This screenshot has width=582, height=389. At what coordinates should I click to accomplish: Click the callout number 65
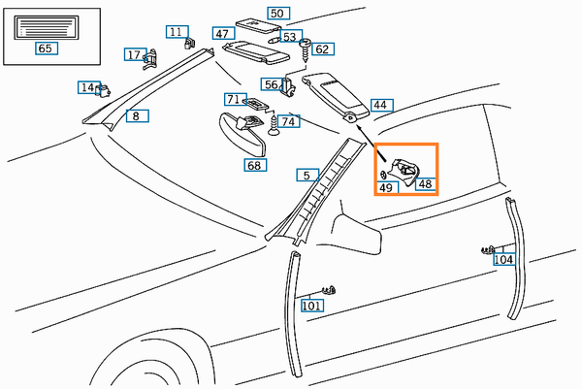[45, 48]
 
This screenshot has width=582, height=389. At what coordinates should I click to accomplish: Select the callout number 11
[175, 32]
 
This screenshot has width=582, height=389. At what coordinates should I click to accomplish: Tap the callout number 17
[134, 54]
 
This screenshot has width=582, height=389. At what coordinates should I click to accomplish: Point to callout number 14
[87, 88]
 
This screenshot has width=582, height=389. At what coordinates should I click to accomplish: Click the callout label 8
[135, 116]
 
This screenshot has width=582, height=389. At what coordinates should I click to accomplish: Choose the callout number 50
[277, 14]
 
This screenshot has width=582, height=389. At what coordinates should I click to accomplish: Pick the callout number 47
[222, 34]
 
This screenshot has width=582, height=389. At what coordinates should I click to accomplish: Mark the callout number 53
[289, 37]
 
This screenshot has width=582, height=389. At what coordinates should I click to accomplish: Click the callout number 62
[322, 49]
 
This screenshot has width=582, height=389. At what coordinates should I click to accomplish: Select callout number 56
[272, 85]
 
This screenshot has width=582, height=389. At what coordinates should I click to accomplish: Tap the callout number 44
[379, 105]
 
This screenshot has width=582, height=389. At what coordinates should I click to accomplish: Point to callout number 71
[233, 99]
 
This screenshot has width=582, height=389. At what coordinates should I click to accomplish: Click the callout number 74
[289, 121]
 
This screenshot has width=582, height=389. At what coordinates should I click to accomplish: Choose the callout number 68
[254, 165]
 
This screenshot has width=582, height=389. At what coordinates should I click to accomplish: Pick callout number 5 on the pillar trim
[306, 176]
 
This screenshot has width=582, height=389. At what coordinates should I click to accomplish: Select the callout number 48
[425, 183]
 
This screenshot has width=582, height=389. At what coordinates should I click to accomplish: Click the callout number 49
[386, 187]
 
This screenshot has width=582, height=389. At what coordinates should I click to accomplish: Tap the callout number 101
[311, 306]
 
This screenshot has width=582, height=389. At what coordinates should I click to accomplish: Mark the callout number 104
[503, 259]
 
